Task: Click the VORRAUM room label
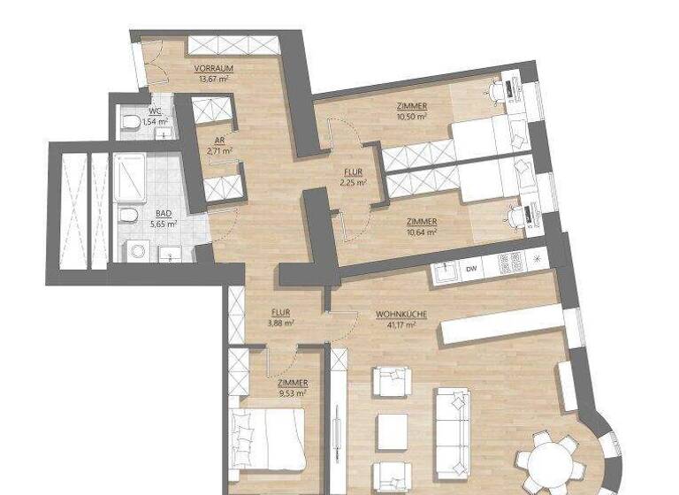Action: click(x=213, y=67)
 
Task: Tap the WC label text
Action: click(x=155, y=111)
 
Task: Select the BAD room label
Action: click(x=164, y=214)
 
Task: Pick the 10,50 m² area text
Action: click(x=411, y=116)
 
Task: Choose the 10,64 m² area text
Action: click(x=422, y=232)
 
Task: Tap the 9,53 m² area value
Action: click(x=292, y=393)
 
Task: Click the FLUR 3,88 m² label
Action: click(x=282, y=317)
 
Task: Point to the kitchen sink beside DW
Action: click(x=446, y=268)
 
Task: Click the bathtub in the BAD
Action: click(x=130, y=179)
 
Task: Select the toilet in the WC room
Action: click(x=129, y=121)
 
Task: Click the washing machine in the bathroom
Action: click(x=135, y=252)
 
